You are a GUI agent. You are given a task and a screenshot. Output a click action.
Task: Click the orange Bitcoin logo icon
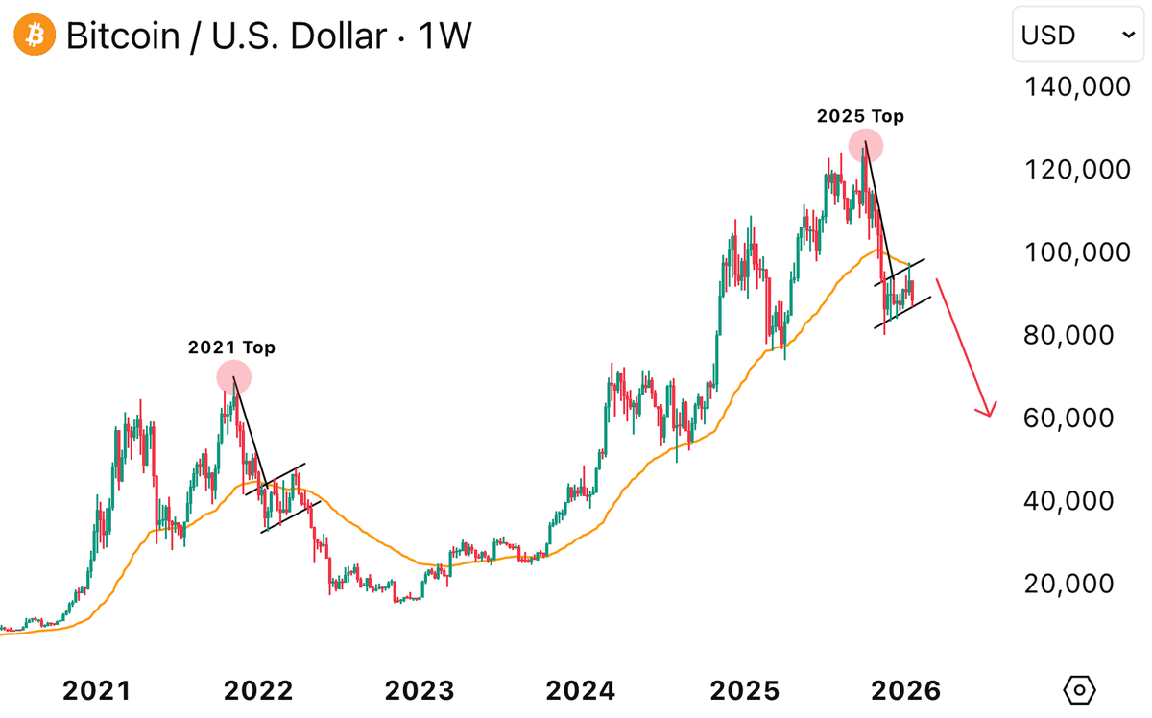[35, 36]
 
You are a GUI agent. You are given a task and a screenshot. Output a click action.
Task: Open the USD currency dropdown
[1078, 36]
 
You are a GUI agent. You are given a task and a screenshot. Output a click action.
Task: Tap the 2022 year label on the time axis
[257, 690]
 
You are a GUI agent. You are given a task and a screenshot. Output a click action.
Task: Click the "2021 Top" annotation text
[231, 347]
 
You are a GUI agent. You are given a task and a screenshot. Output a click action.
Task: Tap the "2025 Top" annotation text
[860, 116]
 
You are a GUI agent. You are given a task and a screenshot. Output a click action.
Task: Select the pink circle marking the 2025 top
[865, 145]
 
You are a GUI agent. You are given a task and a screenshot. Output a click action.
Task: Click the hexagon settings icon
[1080, 689]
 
